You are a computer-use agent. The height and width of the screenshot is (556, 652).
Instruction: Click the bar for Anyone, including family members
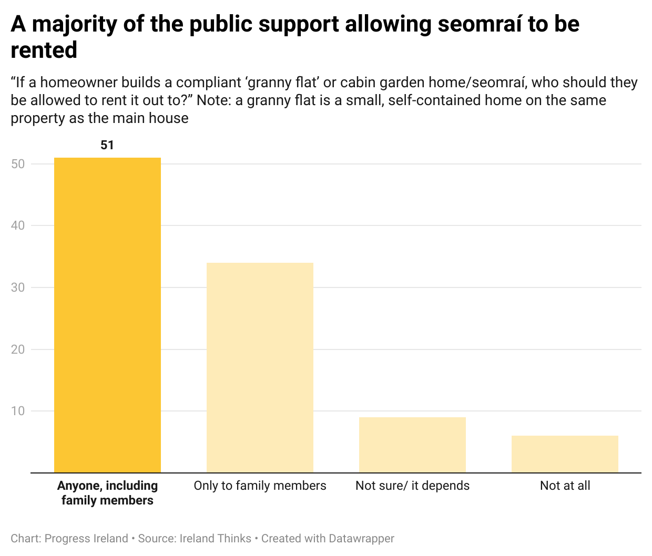pos(107,315)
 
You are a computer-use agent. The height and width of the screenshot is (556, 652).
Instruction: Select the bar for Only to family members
pos(260,368)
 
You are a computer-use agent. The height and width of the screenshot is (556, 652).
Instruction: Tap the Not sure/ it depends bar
pos(412,445)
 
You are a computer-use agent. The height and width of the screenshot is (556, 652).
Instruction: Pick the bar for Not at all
pos(565,454)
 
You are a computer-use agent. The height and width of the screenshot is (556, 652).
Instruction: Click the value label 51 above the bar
pos(107,145)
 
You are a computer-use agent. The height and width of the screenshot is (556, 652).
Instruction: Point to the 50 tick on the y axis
pos(18,164)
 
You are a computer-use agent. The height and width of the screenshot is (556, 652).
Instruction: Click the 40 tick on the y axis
pos(18,225)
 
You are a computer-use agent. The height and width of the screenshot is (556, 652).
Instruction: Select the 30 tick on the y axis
pos(18,287)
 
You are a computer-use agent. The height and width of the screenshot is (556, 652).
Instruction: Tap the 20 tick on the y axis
pos(18,349)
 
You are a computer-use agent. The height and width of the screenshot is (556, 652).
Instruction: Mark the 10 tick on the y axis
pos(18,411)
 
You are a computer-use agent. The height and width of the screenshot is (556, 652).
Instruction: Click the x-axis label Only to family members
pos(260,486)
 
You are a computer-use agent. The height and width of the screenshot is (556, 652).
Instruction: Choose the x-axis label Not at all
pos(565,486)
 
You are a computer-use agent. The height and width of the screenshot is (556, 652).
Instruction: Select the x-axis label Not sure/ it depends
pos(412,486)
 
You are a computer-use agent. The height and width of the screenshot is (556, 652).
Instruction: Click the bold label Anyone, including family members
pos(107,493)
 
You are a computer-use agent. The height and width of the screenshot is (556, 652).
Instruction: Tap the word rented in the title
pos(44,50)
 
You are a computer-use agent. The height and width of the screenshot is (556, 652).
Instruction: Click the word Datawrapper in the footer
pos(361,539)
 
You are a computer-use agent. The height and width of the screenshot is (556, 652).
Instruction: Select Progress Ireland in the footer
pos(86,539)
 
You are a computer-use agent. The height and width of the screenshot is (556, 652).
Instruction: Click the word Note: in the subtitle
pos(212,100)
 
